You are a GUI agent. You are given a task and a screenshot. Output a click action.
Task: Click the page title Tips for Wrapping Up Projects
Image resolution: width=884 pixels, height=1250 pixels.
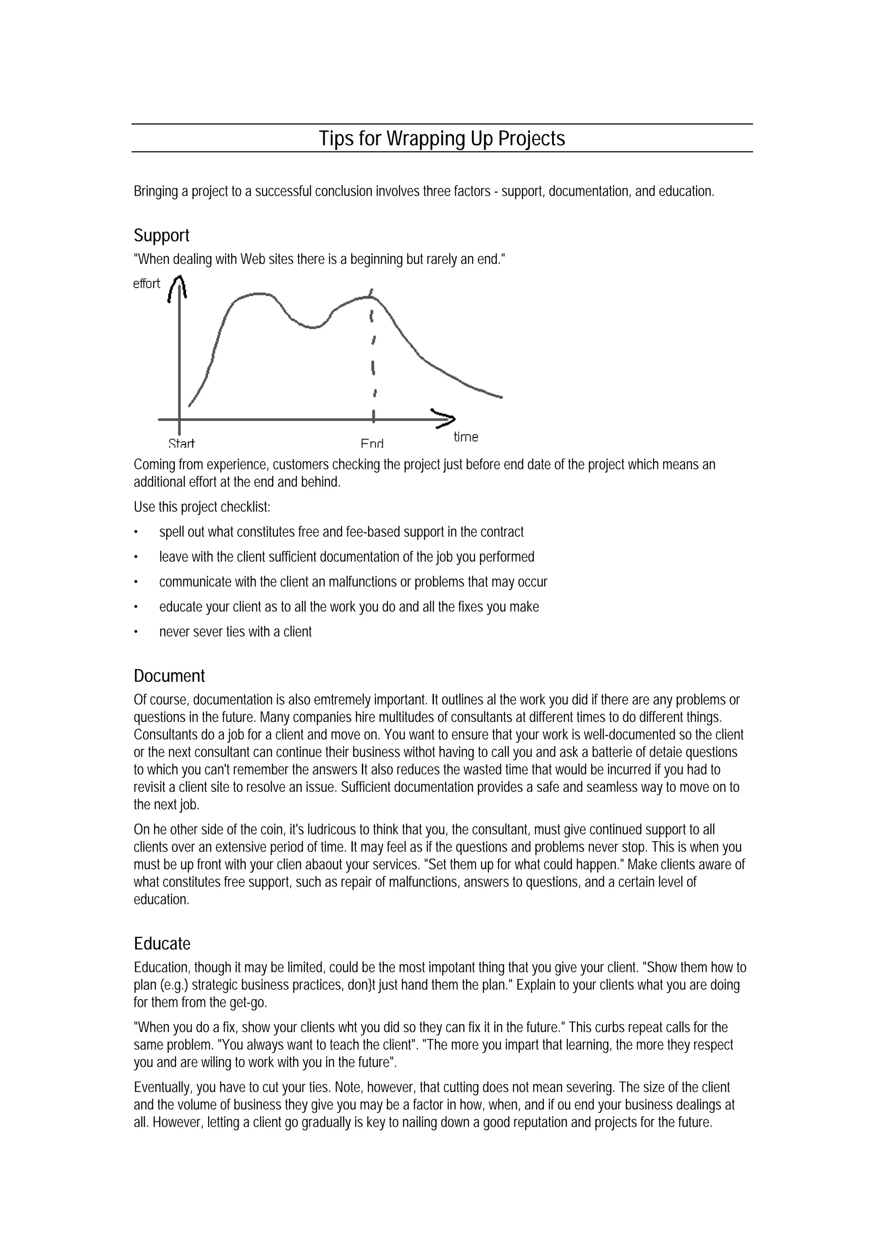click(442, 138)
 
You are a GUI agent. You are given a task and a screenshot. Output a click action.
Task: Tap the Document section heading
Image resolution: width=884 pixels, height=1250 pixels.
click(169, 676)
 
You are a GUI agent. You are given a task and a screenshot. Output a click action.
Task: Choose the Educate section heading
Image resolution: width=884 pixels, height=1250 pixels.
click(162, 943)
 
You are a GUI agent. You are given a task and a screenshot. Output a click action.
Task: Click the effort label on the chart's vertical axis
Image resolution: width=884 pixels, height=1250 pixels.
click(146, 284)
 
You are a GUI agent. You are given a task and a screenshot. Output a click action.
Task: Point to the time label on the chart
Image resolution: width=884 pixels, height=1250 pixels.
click(465, 437)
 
